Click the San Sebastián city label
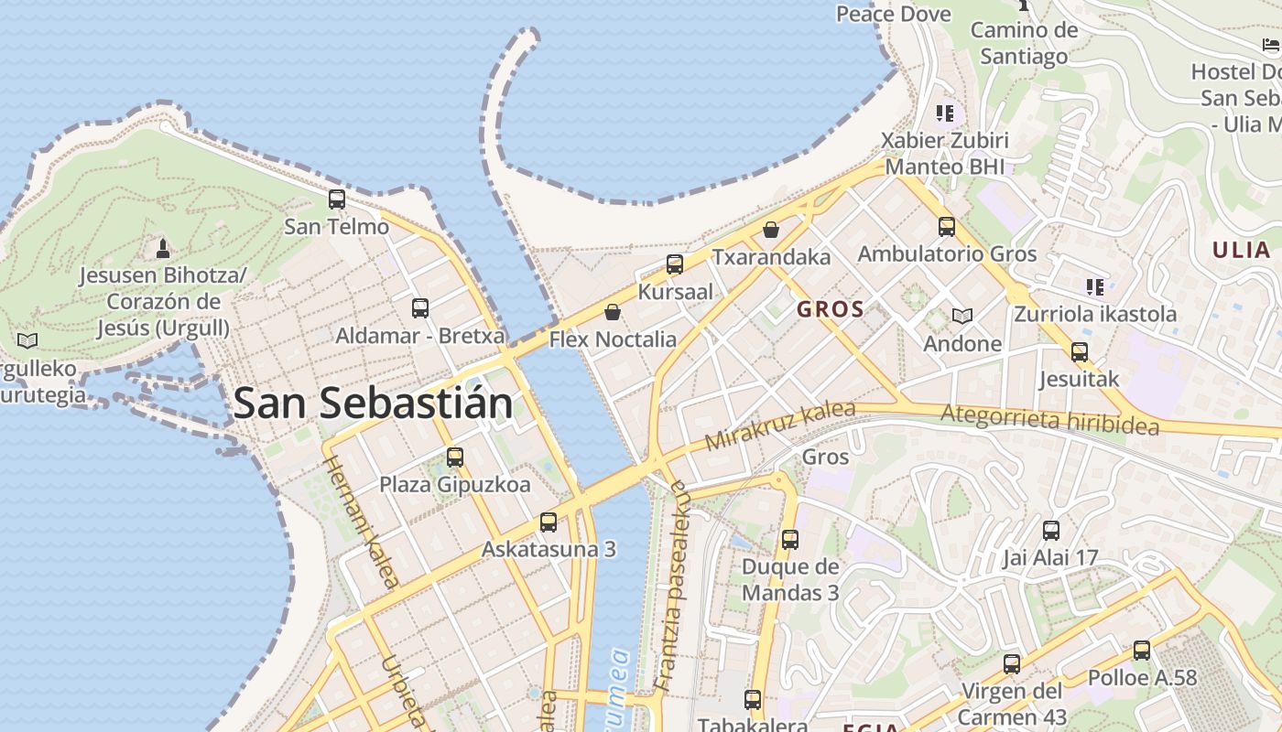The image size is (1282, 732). pos(373,404)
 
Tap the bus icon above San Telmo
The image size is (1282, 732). pos(337,199)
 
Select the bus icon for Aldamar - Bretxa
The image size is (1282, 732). pos(420,308)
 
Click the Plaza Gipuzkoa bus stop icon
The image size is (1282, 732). pos(455,457)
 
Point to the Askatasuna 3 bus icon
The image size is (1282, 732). pos(549,522)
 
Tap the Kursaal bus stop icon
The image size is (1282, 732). pos(675,264)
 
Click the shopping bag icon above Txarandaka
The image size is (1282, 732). pos(771,229)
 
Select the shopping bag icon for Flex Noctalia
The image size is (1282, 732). pos(613,312)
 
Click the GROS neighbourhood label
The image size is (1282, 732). pos(831,309)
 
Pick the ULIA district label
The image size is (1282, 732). pos(1242,250)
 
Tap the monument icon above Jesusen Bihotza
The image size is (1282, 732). pos(163,248)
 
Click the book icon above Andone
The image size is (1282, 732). pos(961,316)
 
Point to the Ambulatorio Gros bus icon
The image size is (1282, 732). pos(947,226)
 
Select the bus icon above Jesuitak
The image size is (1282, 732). pos(1080,351)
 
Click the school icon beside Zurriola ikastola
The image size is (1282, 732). pos(1094,286)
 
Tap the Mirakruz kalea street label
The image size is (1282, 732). pos(780,425)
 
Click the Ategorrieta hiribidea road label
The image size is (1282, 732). pos(1049,420)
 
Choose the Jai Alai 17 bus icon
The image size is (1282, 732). pos(1051,530)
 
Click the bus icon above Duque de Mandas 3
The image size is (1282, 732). pos(790,540)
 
